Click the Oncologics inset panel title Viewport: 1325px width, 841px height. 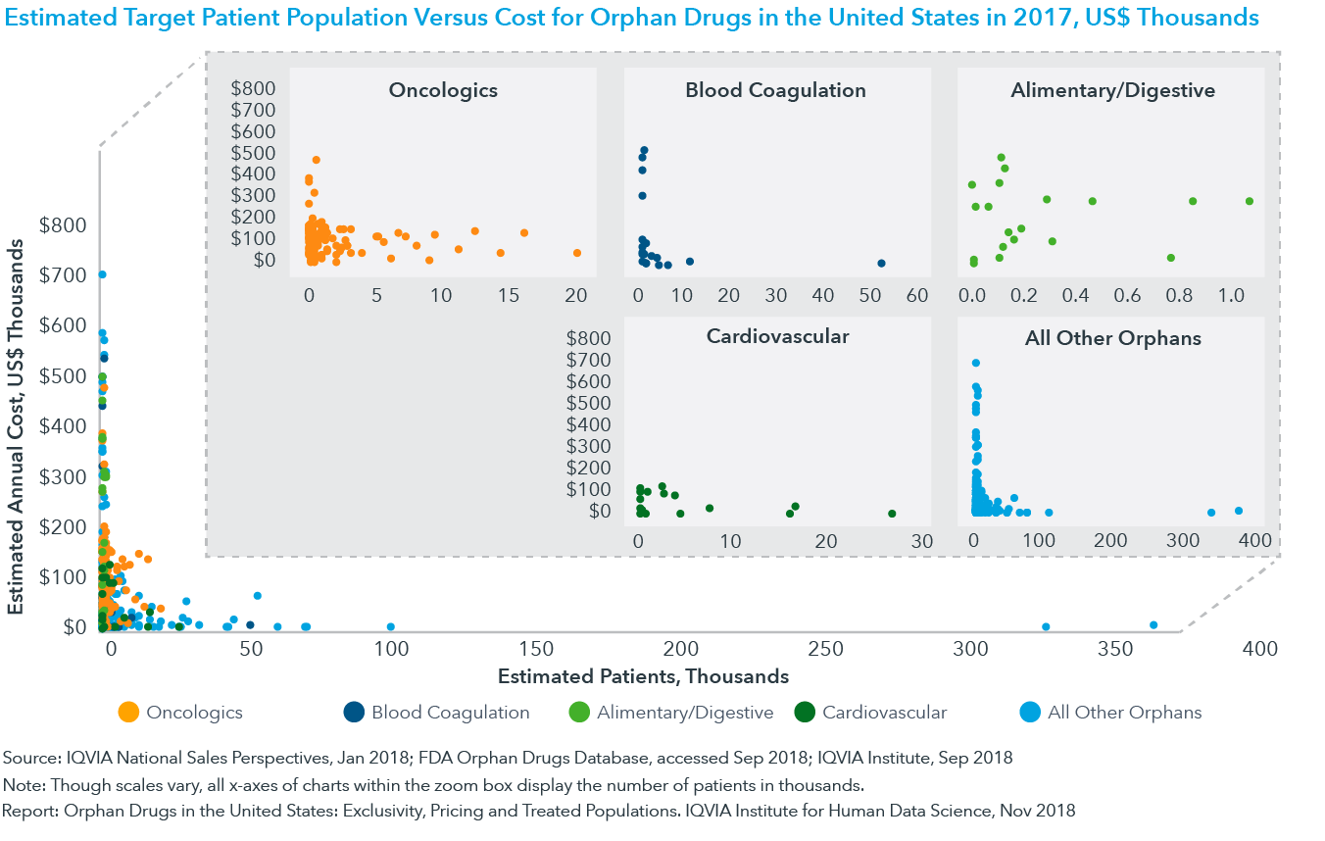click(x=443, y=91)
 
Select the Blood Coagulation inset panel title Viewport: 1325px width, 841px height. click(x=775, y=91)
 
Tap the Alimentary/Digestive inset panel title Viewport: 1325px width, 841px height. click(x=1112, y=91)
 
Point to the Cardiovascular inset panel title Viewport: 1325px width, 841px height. click(x=777, y=337)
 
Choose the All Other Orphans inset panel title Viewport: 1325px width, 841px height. click(x=1112, y=339)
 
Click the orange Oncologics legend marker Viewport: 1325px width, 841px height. click(x=127, y=713)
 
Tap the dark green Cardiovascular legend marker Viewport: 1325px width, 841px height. click(x=804, y=713)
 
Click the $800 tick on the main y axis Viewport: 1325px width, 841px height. click(x=63, y=224)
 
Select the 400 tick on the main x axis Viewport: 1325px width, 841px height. click(x=1257, y=649)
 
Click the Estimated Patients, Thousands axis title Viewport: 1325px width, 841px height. click(x=643, y=676)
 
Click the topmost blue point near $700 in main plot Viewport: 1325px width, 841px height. click(x=102, y=274)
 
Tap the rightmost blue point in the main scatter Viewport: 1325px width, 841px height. click(x=1153, y=625)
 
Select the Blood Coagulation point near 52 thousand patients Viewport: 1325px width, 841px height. click(x=881, y=263)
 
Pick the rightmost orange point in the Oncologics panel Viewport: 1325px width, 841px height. click(x=577, y=253)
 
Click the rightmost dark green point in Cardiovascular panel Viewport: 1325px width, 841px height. click(x=892, y=514)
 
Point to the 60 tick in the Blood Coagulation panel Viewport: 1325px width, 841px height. click(x=916, y=295)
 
